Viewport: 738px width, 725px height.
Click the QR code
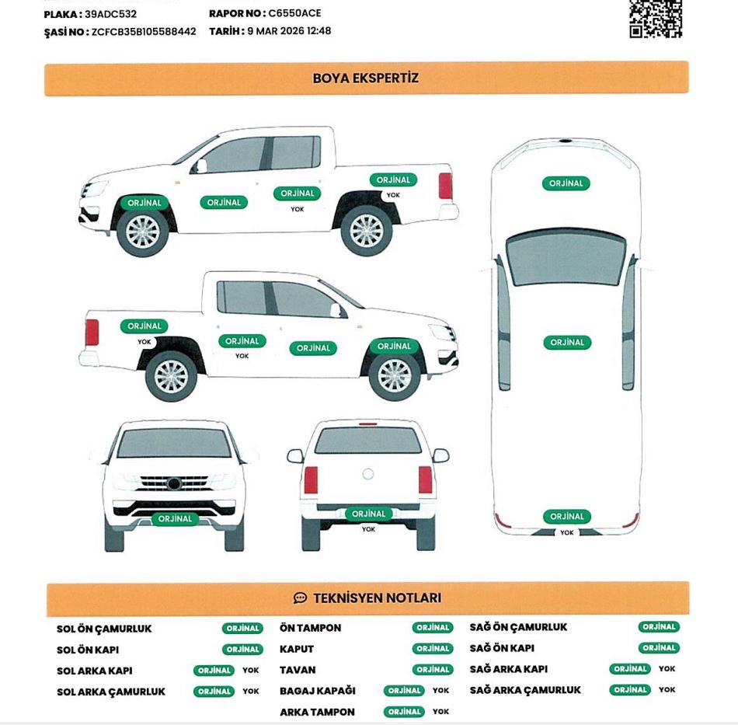(655, 19)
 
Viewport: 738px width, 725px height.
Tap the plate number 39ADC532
(110, 14)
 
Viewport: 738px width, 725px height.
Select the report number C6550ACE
(294, 13)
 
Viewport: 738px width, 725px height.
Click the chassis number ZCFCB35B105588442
(144, 32)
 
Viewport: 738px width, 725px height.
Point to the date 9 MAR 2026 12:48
(289, 31)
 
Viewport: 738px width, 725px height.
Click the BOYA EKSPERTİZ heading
(366, 78)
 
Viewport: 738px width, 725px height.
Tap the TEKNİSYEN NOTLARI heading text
(378, 598)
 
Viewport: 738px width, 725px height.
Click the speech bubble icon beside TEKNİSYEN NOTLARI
(300, 598)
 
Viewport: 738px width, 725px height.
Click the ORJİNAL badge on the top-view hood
(566, 183)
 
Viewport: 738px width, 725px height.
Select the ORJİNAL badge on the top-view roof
(567, 343)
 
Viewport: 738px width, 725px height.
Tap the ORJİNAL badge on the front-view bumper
(175, 519)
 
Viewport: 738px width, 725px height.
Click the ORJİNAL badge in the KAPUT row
(433, 649)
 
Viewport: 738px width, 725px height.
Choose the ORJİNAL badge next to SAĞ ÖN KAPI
(659, 648)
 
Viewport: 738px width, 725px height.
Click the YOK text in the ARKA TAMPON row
(441, 711)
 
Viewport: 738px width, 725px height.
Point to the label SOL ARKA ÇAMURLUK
(111, 692)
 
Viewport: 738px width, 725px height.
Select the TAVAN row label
(298, 670)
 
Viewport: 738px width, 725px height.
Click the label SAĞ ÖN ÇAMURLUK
(519, 627)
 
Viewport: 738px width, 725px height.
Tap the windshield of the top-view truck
(566, 257)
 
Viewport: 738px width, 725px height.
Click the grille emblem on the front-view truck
(174, 483)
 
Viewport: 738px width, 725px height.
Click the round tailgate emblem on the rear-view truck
(368, 474)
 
